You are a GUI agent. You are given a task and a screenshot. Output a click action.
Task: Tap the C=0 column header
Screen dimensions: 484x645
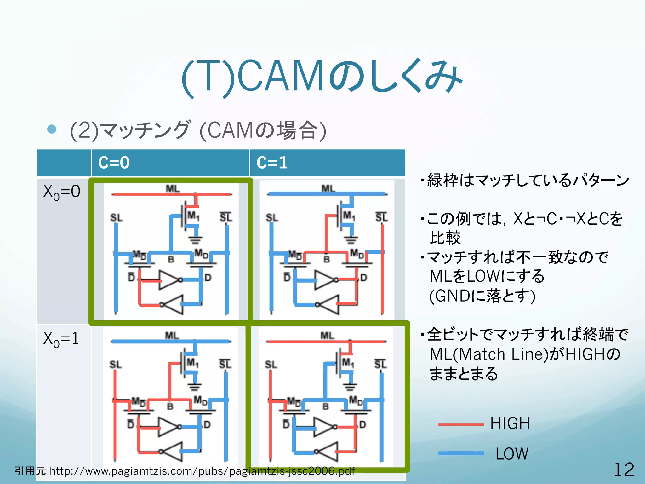point(114,163)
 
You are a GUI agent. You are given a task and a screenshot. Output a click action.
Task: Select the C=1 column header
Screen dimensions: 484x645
point(272,163)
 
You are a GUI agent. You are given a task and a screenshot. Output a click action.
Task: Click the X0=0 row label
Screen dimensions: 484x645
point(62,192)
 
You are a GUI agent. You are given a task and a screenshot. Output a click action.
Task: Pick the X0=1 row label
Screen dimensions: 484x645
point(61,339)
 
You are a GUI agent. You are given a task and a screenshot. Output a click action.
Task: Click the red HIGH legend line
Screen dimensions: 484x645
point(461,424)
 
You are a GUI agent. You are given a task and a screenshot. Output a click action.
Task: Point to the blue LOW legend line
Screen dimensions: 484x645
point(461,453)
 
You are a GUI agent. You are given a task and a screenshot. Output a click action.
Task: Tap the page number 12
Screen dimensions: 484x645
point(624,470)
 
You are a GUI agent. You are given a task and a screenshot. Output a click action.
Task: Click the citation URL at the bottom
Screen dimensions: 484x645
point(202,471)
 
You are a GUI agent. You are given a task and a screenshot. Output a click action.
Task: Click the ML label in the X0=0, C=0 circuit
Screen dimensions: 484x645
point(173,188)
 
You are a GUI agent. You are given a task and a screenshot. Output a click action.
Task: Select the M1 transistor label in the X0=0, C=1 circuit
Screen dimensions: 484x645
point(349,216)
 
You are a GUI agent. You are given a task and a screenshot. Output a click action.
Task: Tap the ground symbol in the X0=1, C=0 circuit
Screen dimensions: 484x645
point(194,387)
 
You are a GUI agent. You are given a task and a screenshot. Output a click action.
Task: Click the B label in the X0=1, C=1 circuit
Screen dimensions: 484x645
point(325,406)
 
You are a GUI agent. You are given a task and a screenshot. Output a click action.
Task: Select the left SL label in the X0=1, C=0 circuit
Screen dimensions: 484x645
point(115,365)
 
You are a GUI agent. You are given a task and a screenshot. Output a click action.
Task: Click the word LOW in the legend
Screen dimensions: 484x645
point(512,454)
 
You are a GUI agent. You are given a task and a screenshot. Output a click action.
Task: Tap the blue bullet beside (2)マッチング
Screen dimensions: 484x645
point(52,129)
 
